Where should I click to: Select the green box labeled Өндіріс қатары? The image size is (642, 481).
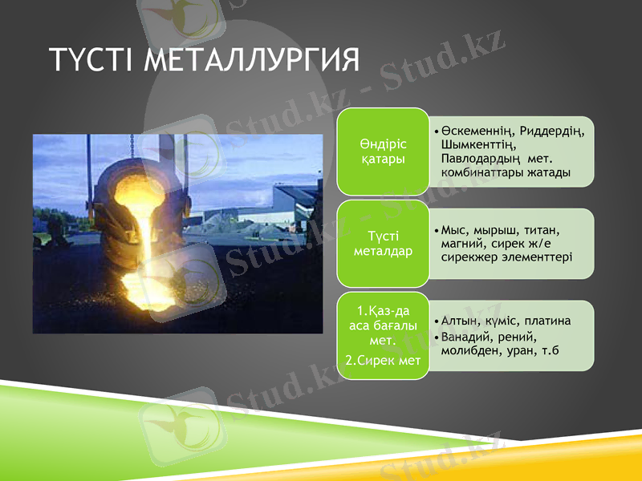(382, 152)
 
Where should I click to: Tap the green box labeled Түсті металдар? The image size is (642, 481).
(382, 244)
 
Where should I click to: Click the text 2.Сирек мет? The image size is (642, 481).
(383, 361)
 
